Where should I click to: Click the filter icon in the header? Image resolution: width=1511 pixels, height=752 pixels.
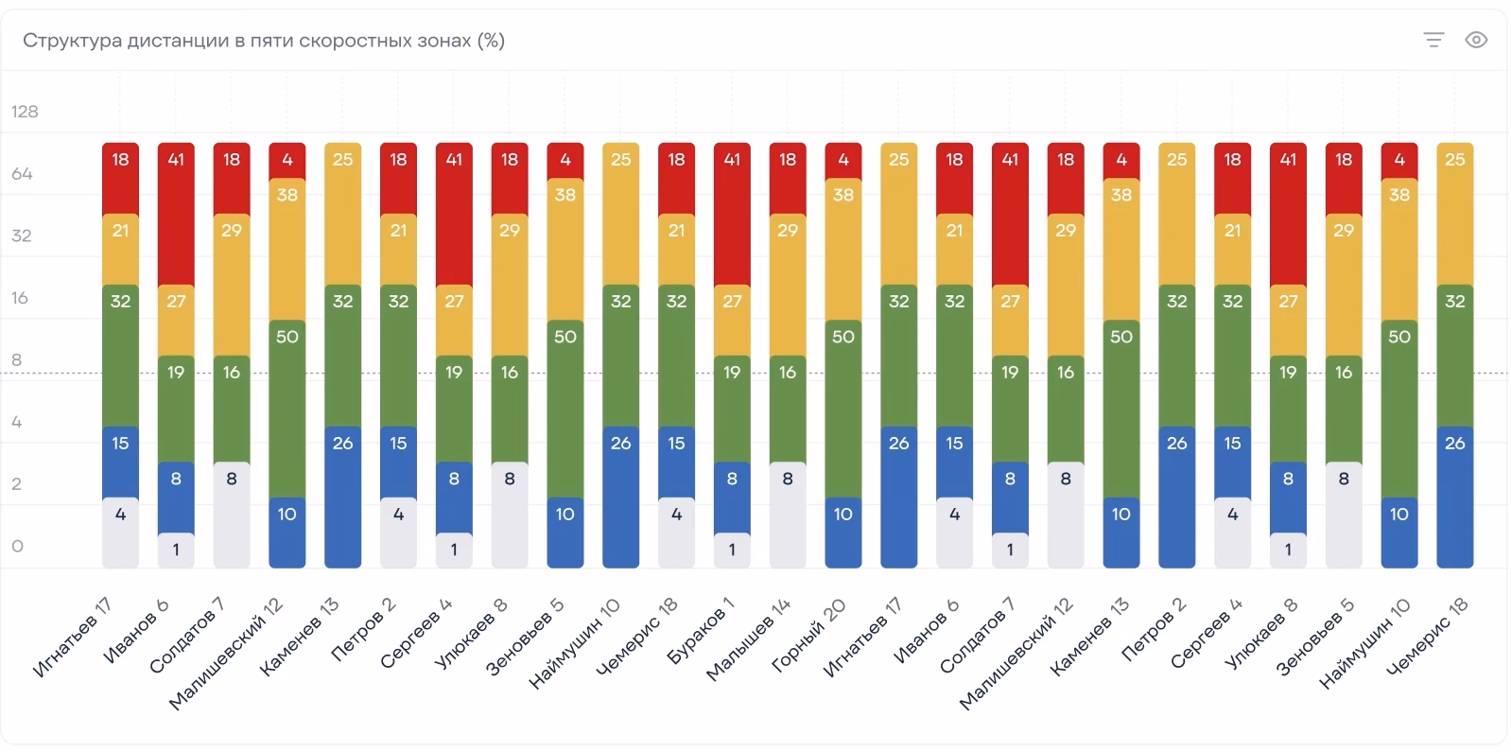click(1433, 40)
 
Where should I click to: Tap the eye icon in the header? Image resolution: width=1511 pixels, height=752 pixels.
click(1476, 40)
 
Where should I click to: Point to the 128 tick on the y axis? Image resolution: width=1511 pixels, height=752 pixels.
click(25, 112)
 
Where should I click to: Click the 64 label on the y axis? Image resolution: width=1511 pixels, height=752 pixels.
click(22, 173)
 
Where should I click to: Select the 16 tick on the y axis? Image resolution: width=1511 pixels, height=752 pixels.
click(20, 298)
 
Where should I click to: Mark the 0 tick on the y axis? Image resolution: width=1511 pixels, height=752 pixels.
click(18, 546)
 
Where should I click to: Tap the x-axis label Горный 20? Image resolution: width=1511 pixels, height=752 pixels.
click(808, 636)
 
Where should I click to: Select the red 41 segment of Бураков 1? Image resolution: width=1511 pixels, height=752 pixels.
click(732, 214)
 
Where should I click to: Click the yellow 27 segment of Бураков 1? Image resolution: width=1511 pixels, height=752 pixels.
click(732, 321)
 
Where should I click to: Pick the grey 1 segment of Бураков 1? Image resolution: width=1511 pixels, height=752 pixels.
click(732, 551)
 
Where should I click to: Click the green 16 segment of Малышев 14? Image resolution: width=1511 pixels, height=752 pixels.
click(788, 409)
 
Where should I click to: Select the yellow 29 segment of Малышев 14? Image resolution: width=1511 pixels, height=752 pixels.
click(788, 285)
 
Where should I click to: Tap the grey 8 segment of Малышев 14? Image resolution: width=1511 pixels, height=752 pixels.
click(788, 516)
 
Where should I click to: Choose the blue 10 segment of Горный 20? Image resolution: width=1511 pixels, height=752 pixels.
click(843, 533)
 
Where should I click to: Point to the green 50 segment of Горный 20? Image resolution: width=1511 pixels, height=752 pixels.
click(843, 409)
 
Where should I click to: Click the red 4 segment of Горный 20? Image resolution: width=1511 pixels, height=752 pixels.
click(843, 161)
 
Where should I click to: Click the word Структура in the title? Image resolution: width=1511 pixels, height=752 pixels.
click(73, 42)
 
